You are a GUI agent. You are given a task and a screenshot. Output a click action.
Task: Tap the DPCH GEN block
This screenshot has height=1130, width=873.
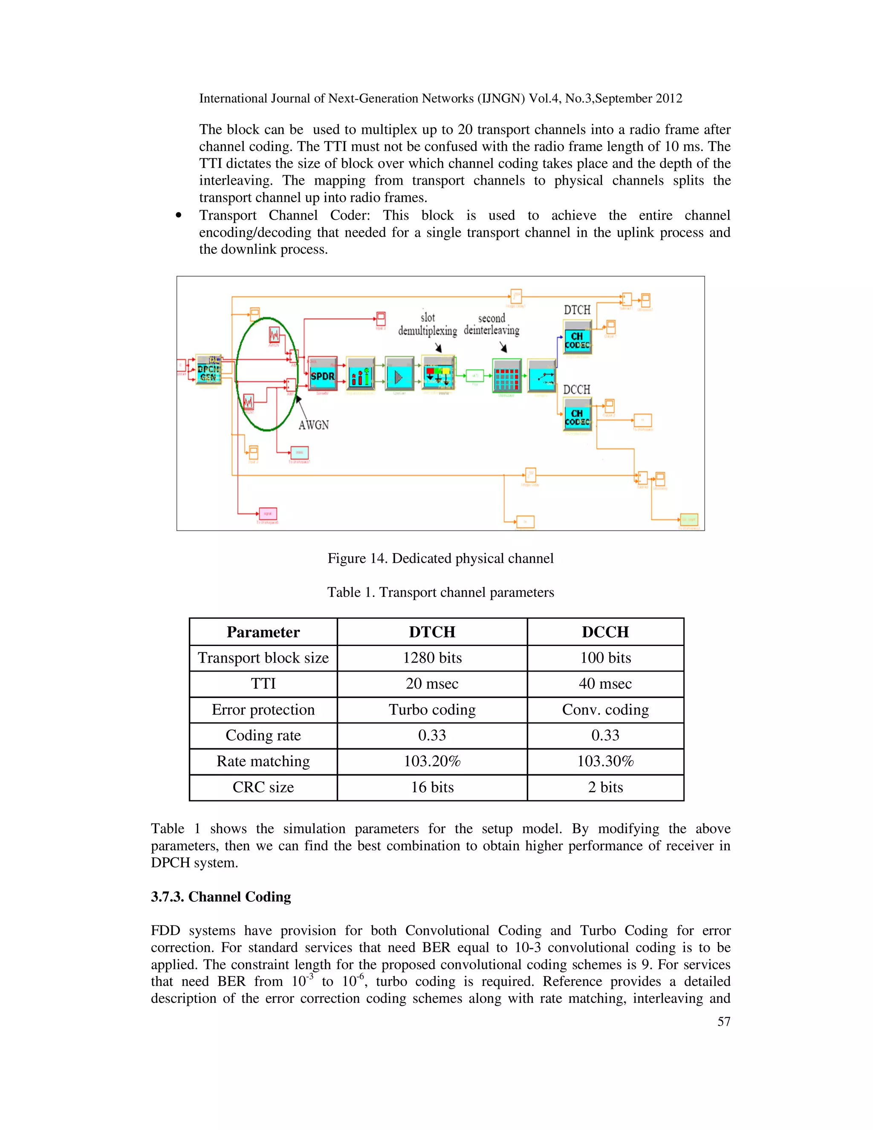pos(208,369)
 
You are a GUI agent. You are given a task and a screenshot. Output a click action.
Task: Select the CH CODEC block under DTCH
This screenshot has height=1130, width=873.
pos(577,338)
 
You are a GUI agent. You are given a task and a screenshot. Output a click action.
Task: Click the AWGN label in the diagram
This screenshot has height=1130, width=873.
pos(313,425)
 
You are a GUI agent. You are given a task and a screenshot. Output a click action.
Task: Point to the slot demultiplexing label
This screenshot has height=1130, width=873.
pos(427,325)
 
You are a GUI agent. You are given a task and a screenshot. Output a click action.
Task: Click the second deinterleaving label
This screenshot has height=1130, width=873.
pos(491,325)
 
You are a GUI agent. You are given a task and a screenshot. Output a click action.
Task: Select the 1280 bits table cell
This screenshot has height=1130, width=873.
pos(432,658)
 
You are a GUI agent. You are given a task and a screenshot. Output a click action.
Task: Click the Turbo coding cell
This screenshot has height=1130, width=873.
pos(432,710)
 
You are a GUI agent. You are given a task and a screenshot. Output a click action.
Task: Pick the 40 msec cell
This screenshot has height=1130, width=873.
pos(605,684)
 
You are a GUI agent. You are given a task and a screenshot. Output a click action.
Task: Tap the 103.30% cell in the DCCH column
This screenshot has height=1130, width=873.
pos(605,761)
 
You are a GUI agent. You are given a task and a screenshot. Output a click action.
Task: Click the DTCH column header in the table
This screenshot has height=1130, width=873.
pos(432,632)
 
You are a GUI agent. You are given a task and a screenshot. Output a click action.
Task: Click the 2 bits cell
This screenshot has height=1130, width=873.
pos(605,787)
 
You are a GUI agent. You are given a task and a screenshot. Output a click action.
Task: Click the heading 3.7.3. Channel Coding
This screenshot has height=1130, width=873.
pos(221,897)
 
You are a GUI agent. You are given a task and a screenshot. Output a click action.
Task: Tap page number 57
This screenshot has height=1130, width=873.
pos(723,1021)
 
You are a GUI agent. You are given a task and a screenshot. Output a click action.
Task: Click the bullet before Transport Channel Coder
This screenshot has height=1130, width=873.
pos(179,216)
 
